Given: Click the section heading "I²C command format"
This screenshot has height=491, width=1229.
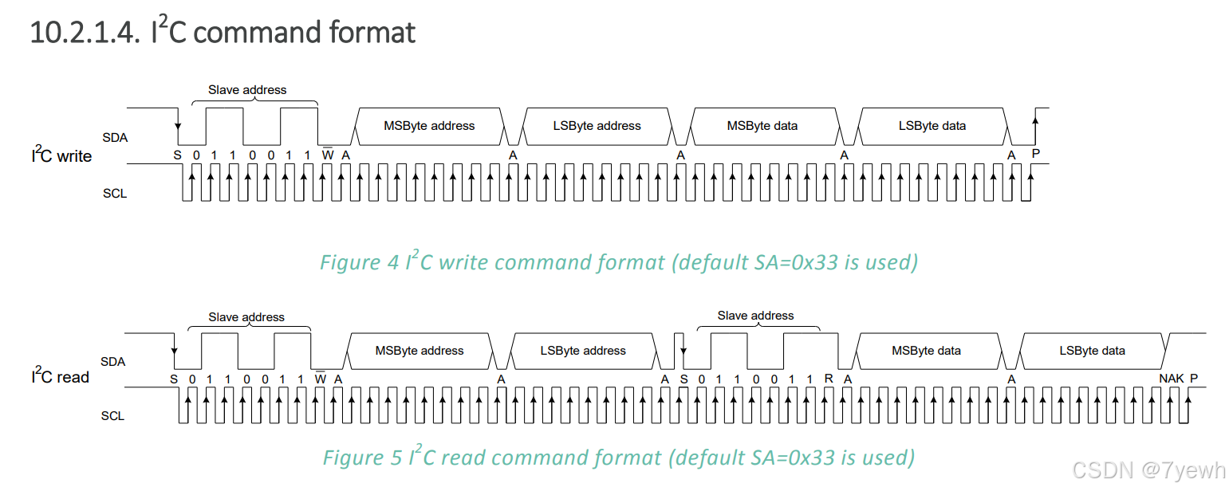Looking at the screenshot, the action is [223, 33].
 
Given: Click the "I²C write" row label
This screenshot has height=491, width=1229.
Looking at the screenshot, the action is [61, 155].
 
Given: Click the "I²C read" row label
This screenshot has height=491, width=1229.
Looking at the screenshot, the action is [60, 376].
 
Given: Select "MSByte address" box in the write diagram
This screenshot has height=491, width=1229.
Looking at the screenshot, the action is [429, 126].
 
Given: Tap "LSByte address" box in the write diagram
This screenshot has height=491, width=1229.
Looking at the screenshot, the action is [597, 126].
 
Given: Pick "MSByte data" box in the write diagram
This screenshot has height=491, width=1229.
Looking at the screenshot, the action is [762, 126].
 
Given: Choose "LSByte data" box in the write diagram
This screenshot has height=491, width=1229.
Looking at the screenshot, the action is [932, 126].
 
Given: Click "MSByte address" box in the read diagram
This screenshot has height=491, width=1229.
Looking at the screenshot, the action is [419, 351].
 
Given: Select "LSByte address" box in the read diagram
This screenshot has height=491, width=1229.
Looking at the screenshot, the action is [583, 351].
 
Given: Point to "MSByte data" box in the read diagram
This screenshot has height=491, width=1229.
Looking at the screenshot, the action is [926, 351].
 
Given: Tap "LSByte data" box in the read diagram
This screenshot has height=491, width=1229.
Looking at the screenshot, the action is [1092, 351].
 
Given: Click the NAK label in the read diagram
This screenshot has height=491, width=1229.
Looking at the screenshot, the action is [1171, 378].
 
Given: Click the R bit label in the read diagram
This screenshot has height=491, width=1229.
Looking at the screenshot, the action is [829, 378].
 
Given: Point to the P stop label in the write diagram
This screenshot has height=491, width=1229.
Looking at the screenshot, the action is [1036, 154].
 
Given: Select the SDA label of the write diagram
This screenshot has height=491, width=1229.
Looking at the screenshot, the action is [115, 138].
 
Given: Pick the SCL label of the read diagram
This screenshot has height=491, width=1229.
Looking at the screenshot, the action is [113, 415].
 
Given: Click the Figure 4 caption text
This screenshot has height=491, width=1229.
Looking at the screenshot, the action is [618, 262].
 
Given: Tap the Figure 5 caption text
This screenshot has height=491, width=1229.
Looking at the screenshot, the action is [618, 458].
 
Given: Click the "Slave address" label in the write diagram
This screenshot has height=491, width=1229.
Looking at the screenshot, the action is [247, 90].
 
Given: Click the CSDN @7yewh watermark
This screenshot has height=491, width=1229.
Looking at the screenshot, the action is [1148, 471].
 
